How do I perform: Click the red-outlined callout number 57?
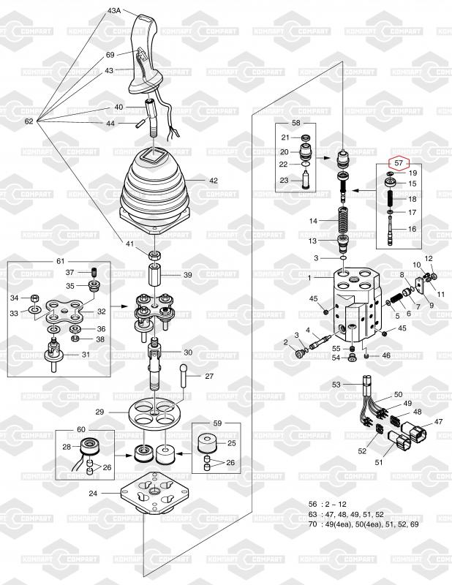click(x=399, y=162)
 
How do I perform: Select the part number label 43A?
click(x=114, y=11)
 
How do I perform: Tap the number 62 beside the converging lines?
click(x=29, y=121)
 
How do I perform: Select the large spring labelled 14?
click(x=342, y=221)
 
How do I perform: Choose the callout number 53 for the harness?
click(x=336, y=385)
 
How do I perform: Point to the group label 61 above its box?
click(x=61, y=261)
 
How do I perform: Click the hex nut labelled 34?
click(x=34, y=298)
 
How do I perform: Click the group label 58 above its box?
click(x=295, y=123)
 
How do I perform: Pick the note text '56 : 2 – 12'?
click(x=328, y=504)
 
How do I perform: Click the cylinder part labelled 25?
click(x=207, y=443)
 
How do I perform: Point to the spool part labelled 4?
click(x=320, y=341)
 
